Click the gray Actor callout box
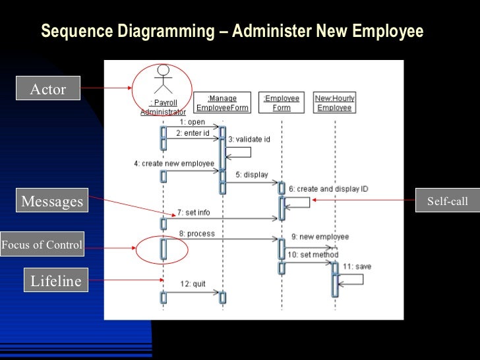(48, 89)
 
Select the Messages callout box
(53, 201)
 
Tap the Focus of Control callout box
(42, 245)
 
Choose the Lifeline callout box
(56, 282)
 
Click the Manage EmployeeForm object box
(222, 103)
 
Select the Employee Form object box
(282, 103)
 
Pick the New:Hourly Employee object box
(334, 103)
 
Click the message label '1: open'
(192, 122)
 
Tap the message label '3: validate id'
(249, 140)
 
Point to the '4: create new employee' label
(174, 164)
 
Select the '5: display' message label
(251, 175)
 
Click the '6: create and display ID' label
(328, 189)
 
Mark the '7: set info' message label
(193, 212)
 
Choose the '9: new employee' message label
(320, 237)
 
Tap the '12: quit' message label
(193, 284)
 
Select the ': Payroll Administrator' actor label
(163, 107)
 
